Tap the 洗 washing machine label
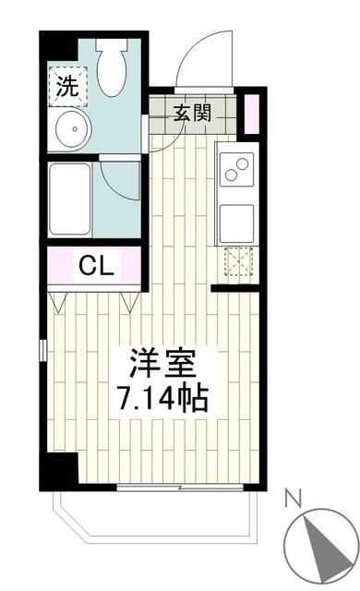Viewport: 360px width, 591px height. click(x=67, y=88)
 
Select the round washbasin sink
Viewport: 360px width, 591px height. click(x=68, y=130)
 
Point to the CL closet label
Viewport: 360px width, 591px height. click(x=95, y=267)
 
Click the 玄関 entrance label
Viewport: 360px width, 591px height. click(x=193, y=114)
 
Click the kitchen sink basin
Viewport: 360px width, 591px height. click(x=236, y=222)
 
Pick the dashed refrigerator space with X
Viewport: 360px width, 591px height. click(x=237, y=263)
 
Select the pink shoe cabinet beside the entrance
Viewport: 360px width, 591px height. click(x=248, y=114)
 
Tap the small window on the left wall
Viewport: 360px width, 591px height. click(x=42, y=352)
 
